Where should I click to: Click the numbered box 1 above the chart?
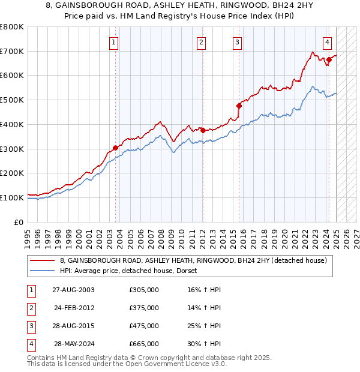[x=113, y=42]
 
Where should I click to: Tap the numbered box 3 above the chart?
[x=238, y=42]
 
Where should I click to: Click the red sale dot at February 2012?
[x=203, y=130]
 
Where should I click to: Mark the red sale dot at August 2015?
[x=239, y=106]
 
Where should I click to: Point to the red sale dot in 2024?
[x=329, y=59]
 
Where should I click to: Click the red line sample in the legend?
[x=43, y=261]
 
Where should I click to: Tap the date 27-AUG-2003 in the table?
[x=73, y=290]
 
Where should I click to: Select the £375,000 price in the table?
[x=144, y=308]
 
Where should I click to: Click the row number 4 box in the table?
[x=30, y=344]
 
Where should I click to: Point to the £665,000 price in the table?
[x=144, y=344]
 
